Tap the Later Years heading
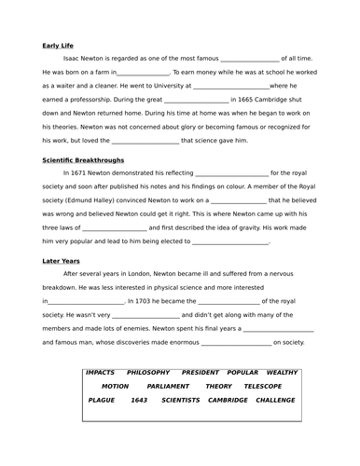62,261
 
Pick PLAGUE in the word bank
104,399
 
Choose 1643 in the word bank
140,399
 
